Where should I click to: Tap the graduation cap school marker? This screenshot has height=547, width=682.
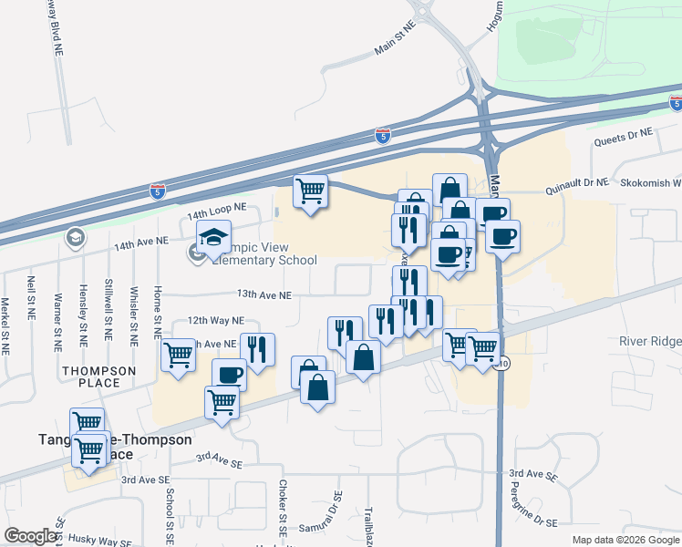[213, 239]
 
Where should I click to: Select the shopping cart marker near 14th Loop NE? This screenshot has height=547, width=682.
[310, 191]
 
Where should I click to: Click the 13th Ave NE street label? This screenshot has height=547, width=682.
[264, 295]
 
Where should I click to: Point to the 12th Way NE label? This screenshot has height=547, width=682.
[216, 321]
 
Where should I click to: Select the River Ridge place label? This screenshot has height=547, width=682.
[649, 341]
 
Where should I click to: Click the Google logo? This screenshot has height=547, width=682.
[30, 536]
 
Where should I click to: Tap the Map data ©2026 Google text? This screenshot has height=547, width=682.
[625, 540]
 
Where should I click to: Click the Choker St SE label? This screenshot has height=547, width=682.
[284, 507]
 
